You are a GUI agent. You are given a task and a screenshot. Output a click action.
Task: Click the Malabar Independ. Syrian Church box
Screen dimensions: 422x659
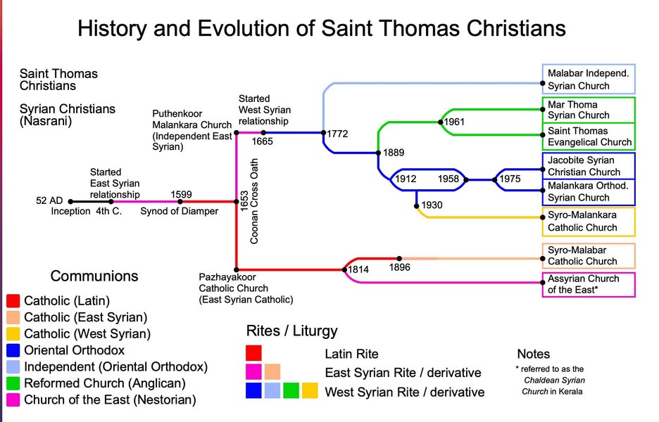589,79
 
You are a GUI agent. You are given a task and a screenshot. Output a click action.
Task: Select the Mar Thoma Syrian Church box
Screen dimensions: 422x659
589,110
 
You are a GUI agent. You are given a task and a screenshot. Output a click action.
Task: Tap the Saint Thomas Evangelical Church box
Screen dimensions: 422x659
589,136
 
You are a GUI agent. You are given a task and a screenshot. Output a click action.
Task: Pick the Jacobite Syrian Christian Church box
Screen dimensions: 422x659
589,166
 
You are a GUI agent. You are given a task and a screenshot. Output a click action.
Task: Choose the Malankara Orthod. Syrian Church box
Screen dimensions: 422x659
589,192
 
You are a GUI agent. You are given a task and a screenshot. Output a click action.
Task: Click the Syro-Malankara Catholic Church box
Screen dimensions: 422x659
589,222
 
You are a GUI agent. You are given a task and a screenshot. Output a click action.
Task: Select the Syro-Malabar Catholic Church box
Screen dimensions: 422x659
589,255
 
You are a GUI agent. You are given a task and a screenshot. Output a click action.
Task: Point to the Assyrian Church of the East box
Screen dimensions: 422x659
589,284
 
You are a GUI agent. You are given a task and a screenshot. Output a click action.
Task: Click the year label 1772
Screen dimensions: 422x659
339,134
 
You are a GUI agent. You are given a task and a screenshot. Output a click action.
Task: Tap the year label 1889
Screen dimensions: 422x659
395,153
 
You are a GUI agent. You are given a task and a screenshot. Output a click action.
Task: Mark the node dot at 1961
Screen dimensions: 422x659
441,122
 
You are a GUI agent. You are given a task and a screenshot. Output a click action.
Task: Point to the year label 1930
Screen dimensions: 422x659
433,205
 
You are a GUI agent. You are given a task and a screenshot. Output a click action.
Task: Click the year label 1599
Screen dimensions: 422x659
182,193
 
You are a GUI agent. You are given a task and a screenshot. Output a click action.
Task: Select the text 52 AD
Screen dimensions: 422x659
50,201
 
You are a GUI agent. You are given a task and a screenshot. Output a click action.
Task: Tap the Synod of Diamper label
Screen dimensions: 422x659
179,211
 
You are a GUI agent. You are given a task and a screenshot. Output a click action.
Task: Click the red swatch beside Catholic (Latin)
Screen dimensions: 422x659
13,300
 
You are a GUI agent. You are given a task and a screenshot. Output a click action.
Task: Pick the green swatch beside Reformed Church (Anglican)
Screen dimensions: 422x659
13,383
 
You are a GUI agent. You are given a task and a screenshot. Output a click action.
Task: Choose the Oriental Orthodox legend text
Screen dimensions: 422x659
74,350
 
